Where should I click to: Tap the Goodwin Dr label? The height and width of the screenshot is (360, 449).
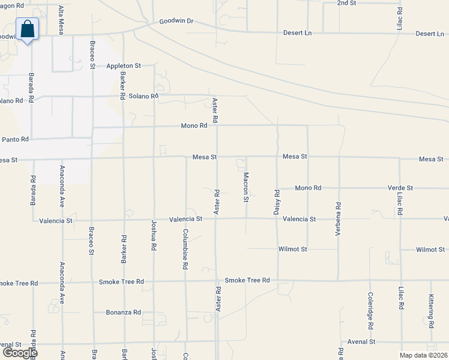click(x=176, y=21)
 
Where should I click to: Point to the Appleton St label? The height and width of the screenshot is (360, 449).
click(x=124, y=65)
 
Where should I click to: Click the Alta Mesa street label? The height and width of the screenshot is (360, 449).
click(x=61, y=18)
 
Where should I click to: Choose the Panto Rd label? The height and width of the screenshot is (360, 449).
click(x=15, y=139)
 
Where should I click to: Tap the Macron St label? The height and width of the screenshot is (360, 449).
click(x=246, y=187)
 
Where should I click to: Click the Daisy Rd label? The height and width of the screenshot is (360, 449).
click(x=277, y=202)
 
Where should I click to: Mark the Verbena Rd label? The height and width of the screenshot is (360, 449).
click(x=339, y=214)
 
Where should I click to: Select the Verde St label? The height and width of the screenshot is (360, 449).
click(x=400, y=188)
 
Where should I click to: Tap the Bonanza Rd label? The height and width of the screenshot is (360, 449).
click(x=123, y=313)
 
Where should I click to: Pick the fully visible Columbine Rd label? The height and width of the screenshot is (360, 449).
click(x=185, y=248)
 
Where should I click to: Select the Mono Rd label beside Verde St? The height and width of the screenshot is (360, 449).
click(x=308, y=188)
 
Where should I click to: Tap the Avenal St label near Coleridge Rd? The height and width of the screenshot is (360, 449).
click(x=361, y=341)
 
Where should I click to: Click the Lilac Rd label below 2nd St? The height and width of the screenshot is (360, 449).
click(x=400, y=20)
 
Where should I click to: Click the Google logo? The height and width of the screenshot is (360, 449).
click(x=19, y=353)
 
